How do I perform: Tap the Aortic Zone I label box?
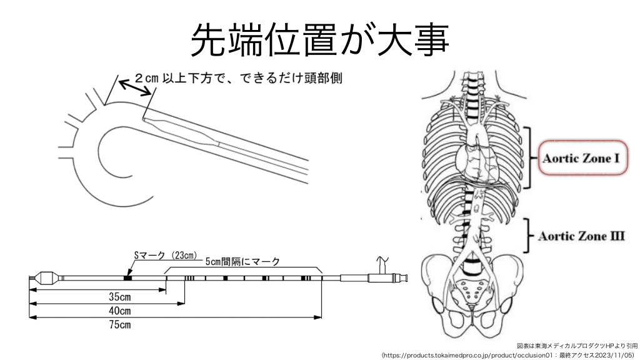pos(581,158)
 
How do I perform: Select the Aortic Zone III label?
pos(581,236)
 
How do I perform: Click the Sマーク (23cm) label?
pos(165,256)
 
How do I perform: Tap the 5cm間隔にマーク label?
pos(242,262)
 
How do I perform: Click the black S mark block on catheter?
pos(127,277)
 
